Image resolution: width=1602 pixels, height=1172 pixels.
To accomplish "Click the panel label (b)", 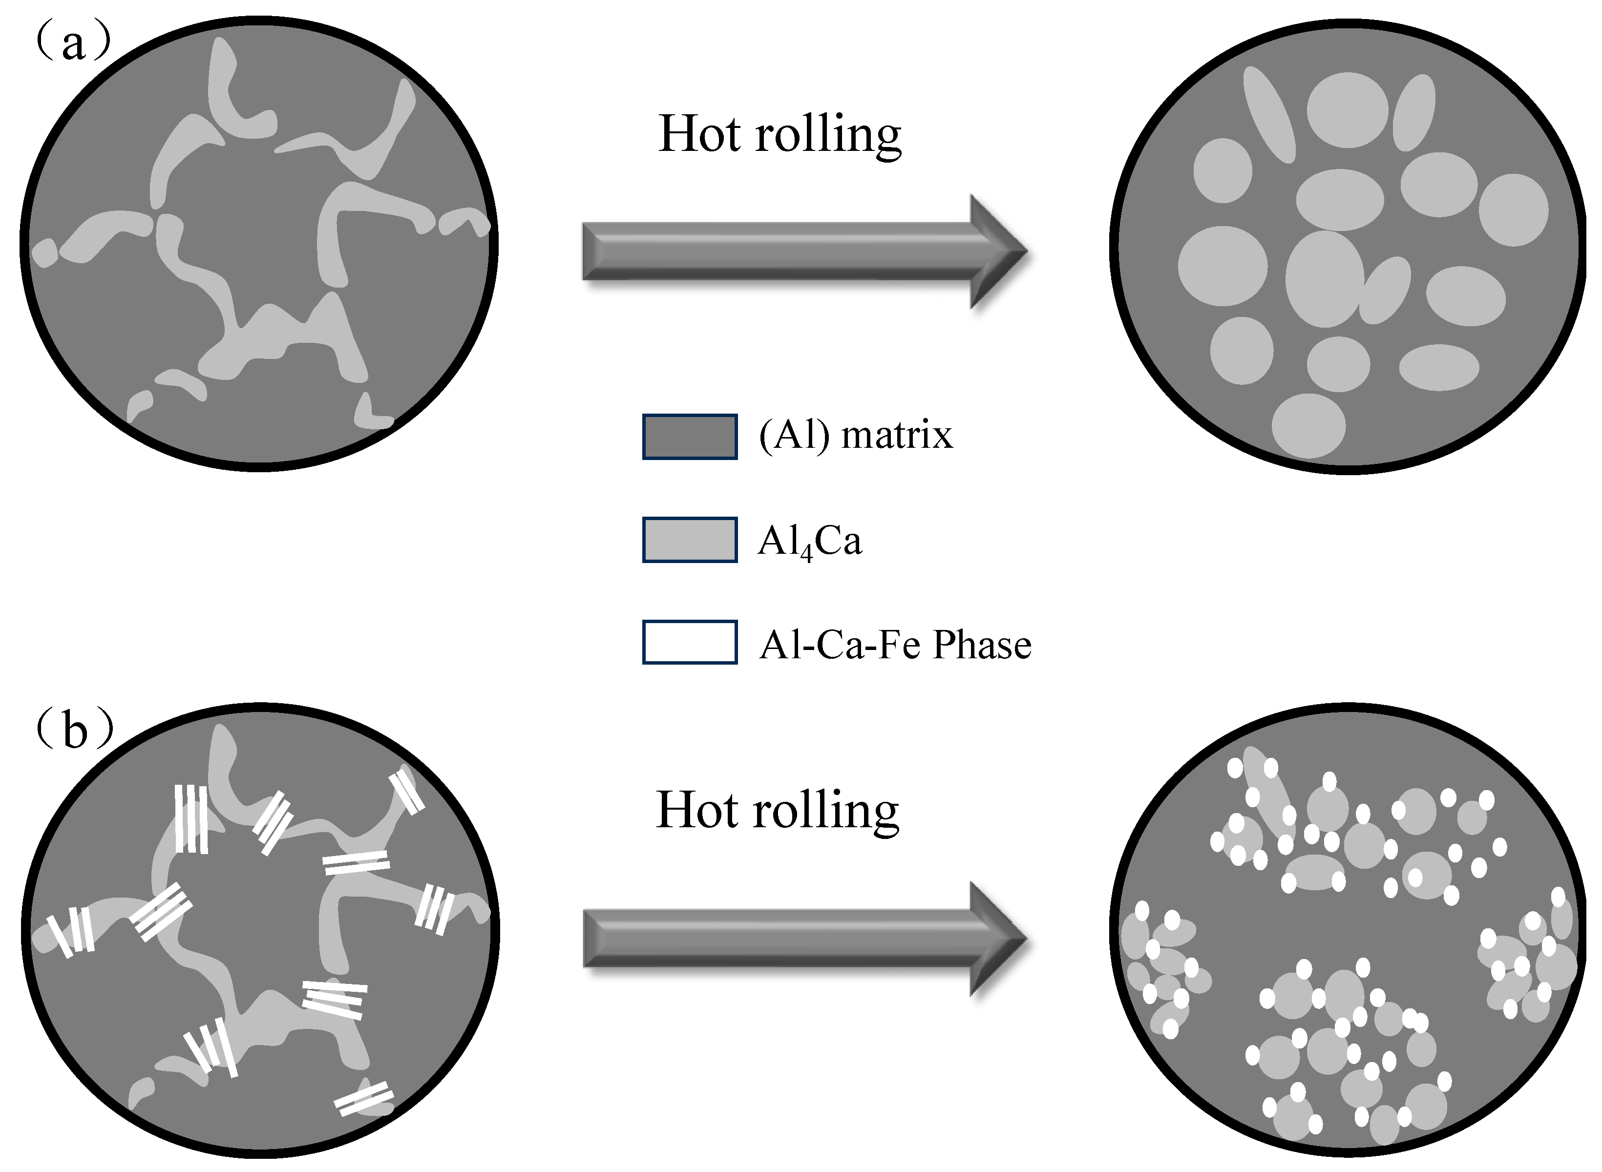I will click(x=75, y=730).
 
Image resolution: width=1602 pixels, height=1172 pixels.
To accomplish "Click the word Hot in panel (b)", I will click(x=696, y=810).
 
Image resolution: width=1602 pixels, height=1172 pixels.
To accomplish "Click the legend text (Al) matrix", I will click(x=855, y=435).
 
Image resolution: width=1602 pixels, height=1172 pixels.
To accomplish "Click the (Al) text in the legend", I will click(x=794, y=435).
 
